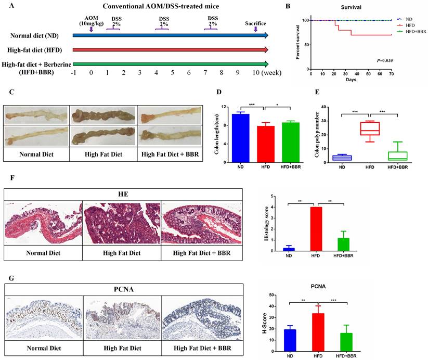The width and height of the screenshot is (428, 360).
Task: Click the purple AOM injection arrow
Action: click(91, 29)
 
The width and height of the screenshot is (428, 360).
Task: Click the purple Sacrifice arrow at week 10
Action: click(255, 29)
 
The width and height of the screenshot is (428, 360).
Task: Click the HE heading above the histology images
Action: click(123, 193)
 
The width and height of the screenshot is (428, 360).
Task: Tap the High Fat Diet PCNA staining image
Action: click(123, 314)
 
